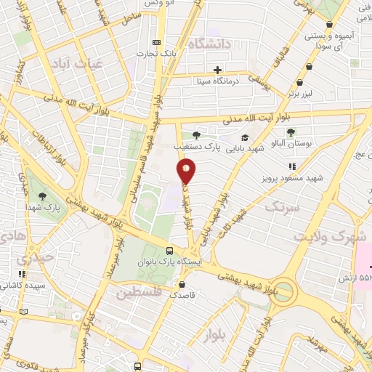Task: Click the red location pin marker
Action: (x=187, y=170)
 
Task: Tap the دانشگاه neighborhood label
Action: (x=209, y=44)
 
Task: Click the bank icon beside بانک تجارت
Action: (x=157, y=42)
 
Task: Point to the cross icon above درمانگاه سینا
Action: (x=217, y=70)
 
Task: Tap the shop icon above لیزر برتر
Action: (x=310, y=65)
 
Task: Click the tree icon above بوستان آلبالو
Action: (x=291, y=132)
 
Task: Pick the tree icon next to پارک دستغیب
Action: (x=195, y=134)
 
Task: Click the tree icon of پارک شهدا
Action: (x=41, y=196)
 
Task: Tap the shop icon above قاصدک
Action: (x=182, y=284)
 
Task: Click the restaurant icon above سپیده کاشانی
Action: (x=22, y=274)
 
